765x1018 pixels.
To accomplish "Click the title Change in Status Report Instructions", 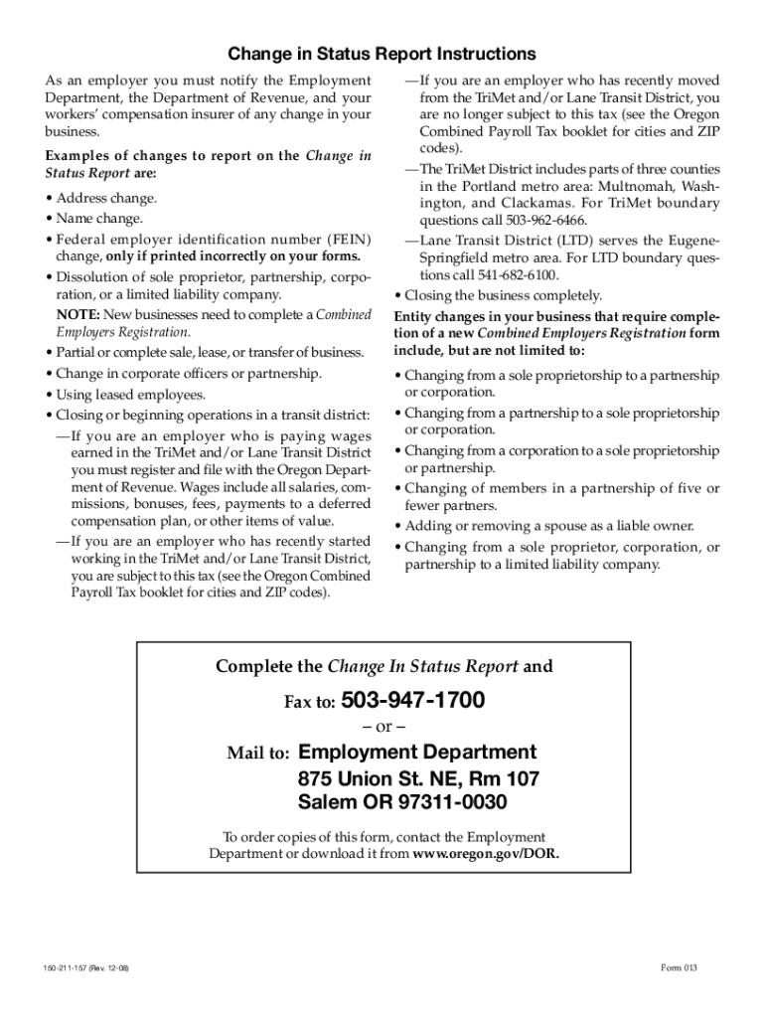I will pos(382,54).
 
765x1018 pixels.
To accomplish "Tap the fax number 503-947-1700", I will pos(412,701).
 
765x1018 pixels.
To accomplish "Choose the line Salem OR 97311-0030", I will pos(402,802).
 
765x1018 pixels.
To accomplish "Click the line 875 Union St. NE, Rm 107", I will pos(418,777).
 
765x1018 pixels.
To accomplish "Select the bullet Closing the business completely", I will pos(502,295).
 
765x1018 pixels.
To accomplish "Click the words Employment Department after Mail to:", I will pos(417,753).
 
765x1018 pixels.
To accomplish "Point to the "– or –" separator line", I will pos(382,727).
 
